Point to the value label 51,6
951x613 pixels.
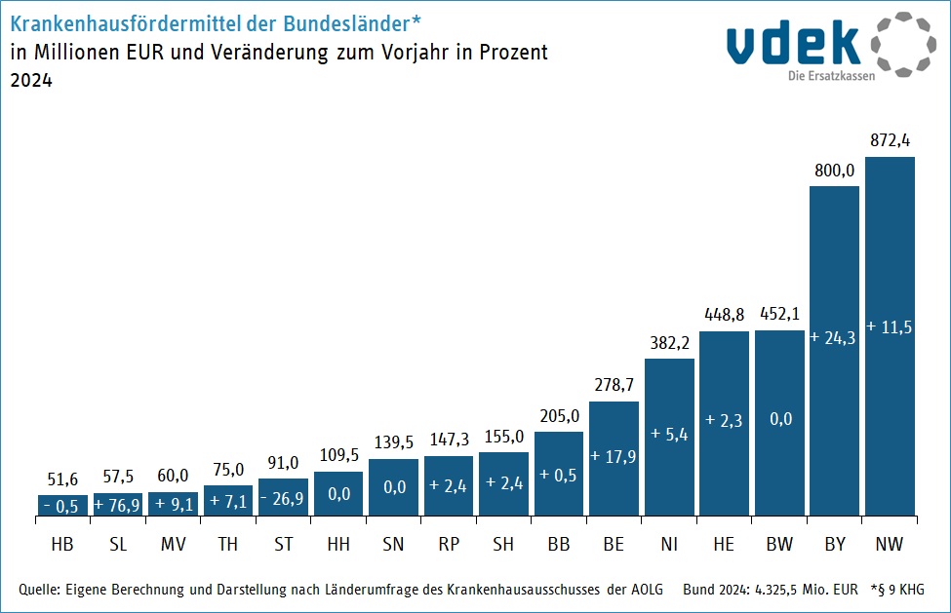pos(62,479)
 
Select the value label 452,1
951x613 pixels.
pos(779,314)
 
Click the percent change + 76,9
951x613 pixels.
pos(117,505)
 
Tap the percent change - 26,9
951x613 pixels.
pos(283,495)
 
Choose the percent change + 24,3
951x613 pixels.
pos(834,338)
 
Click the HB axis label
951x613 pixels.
pos(62,545)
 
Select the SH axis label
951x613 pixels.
pos(503,545)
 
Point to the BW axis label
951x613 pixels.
pos(779,545)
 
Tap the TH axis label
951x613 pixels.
pos(228,545)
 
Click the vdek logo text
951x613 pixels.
pos(792,44)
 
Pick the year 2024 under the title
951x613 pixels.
pos(30,82)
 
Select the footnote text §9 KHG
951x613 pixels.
pos(900,590)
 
